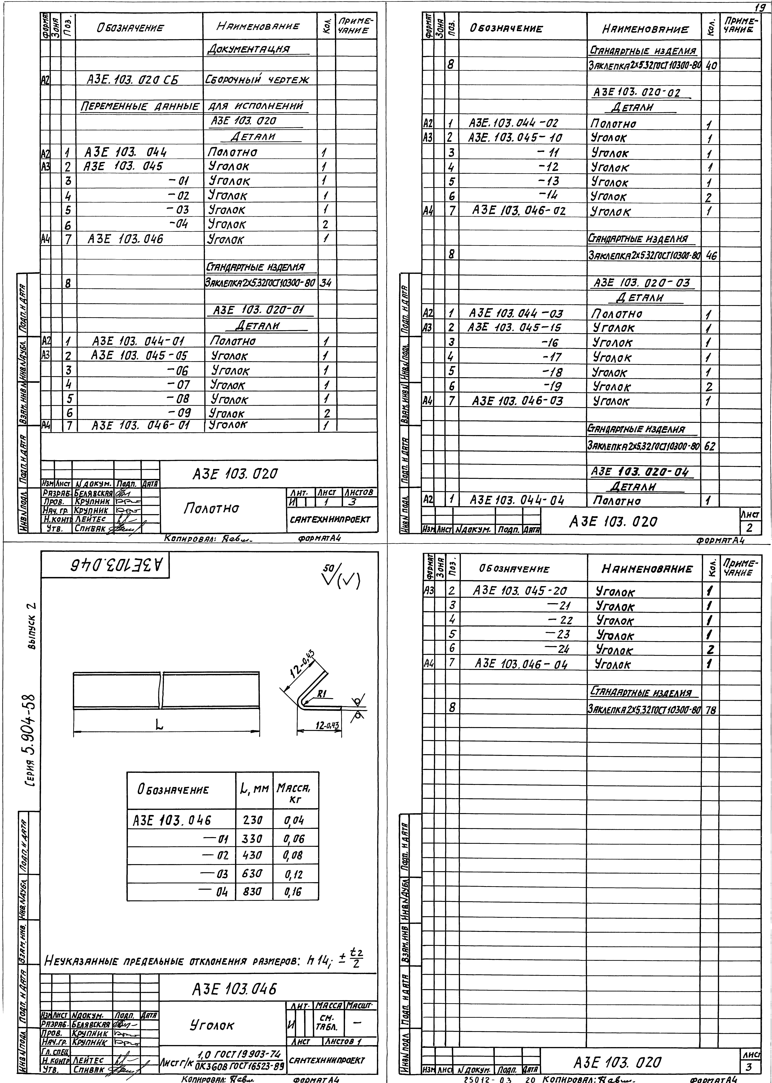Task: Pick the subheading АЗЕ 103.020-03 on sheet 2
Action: click(x=642, y=283)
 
